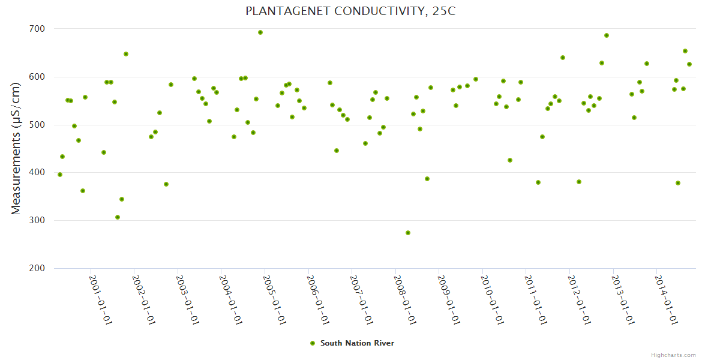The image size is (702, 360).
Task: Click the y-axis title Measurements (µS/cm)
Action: (x=16, y=148)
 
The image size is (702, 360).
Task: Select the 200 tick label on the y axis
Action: (x=37, y=268)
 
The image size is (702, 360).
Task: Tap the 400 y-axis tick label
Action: (x=37, y=173)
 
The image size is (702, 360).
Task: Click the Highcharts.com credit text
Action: (x=673, y=355)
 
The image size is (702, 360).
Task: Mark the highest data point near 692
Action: (x=260, y=32)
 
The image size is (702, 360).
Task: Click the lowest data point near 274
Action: (x=408, y=233)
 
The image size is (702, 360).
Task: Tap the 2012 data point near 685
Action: (x=607, y=35)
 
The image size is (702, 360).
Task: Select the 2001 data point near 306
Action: (x=118, y=217)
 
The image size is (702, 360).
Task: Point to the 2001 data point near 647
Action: (x=126, y=54)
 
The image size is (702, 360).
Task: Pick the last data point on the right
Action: (x=689, y=64)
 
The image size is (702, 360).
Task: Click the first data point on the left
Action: (x=60, y=175)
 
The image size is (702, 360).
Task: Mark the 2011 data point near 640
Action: (x=563, y=58)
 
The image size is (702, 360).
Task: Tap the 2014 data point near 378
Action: (x=678, y=183)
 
